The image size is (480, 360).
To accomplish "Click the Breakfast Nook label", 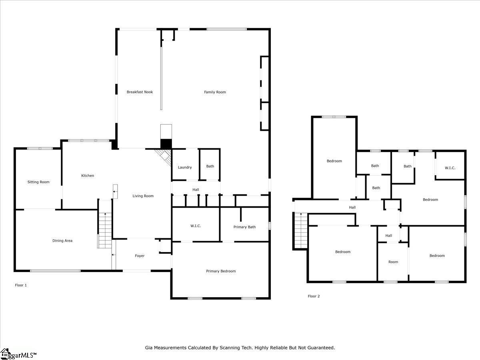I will [x=140, y=92].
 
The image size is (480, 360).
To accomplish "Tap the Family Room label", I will [x=215, y=92].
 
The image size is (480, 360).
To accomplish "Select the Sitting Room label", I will [x=38, y=182].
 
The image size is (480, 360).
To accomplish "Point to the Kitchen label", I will [x=88, y=176].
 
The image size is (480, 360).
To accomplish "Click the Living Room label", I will [x=143, y=196].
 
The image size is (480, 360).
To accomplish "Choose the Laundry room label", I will [x=185, y=167].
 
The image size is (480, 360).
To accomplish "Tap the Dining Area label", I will [x=62, y=241].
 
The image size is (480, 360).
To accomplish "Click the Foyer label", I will [x=140, y=256].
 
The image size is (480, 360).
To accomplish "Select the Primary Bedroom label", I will [x=221, y=271].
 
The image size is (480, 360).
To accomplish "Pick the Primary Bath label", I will [x=244, y=227].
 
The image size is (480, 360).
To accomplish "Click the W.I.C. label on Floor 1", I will [x=196, y=226].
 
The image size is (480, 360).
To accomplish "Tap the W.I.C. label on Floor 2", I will [x=450, y=168].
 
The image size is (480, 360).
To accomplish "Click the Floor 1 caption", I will [x=21, y=285].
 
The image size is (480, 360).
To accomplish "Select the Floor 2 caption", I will [x=314, y=296].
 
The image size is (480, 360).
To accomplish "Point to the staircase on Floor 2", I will [x=300, y=230].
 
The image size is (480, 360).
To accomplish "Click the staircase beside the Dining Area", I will [x=105, y=230].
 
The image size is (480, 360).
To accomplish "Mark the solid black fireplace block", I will [x=166, y=144].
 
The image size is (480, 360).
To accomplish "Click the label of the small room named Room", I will [x=393, y=262].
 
